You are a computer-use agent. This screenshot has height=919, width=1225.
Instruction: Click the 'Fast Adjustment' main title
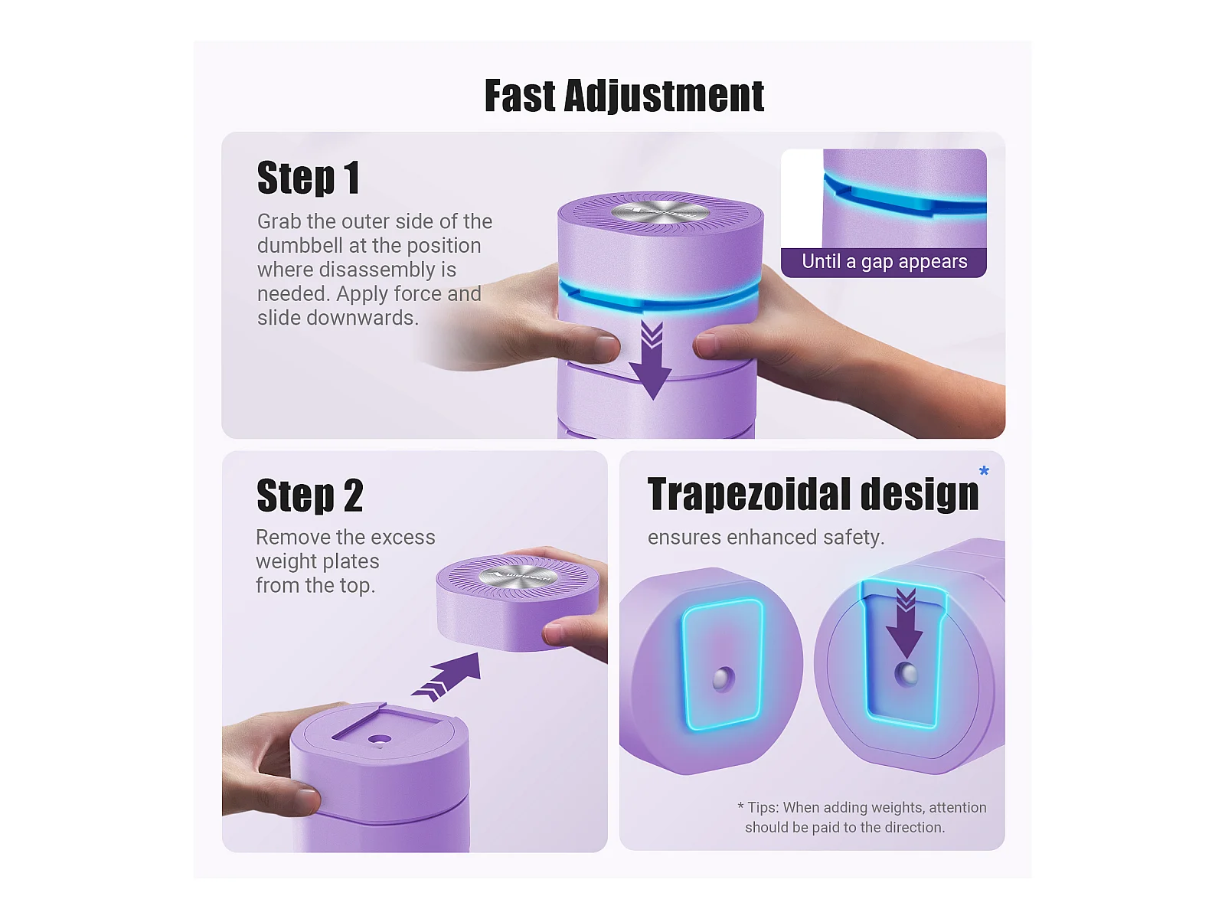point(623,96)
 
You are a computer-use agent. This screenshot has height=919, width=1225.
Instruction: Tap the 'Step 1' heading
point(308,178)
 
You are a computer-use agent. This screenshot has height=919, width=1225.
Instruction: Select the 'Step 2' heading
point(310,495)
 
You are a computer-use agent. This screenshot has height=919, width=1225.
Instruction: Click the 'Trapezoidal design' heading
point(812,495)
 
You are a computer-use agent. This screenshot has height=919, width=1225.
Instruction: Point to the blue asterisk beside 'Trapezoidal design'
point(984,470)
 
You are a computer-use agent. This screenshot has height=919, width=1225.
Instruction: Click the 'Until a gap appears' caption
point(884,261)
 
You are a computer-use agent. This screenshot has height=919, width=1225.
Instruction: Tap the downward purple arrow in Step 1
point(651,360)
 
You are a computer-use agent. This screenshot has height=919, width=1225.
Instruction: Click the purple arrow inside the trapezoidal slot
point(905,622)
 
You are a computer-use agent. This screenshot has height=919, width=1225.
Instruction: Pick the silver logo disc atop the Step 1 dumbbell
point(660,212)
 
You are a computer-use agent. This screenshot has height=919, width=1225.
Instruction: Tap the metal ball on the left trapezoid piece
point(724,679)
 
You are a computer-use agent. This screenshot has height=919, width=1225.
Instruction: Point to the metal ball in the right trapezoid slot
point(906,675)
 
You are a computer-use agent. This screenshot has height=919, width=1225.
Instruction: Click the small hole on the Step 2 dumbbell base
point(380,739)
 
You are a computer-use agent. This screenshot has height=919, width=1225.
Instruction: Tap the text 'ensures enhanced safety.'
point(766,538)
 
